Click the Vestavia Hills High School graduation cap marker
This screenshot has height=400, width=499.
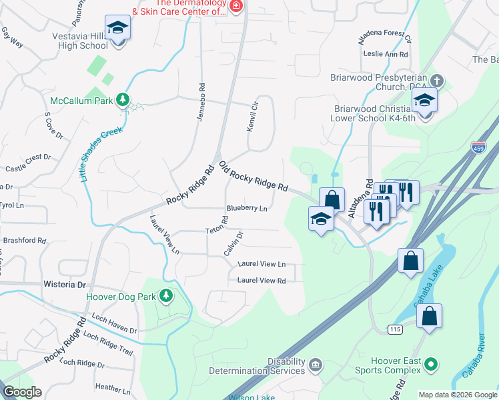[x=117, y=28]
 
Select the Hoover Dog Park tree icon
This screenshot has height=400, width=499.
[x=165, y=295]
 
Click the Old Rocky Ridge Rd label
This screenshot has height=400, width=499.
[x=253, y=176]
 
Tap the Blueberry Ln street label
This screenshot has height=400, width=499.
[x=246, y=209]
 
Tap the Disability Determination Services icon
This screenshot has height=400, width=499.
[x=315, y=365]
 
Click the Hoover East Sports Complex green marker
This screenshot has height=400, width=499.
[x=431, y=365]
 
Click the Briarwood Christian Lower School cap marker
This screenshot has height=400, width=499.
[x=424, y=101]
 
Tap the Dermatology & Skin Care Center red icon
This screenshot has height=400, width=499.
[x=235, y=6]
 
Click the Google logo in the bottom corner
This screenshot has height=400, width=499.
[x=22, y=392]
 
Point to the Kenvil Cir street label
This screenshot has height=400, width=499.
[x=252, y=117]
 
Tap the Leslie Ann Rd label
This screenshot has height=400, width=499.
[x=383, y=55]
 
